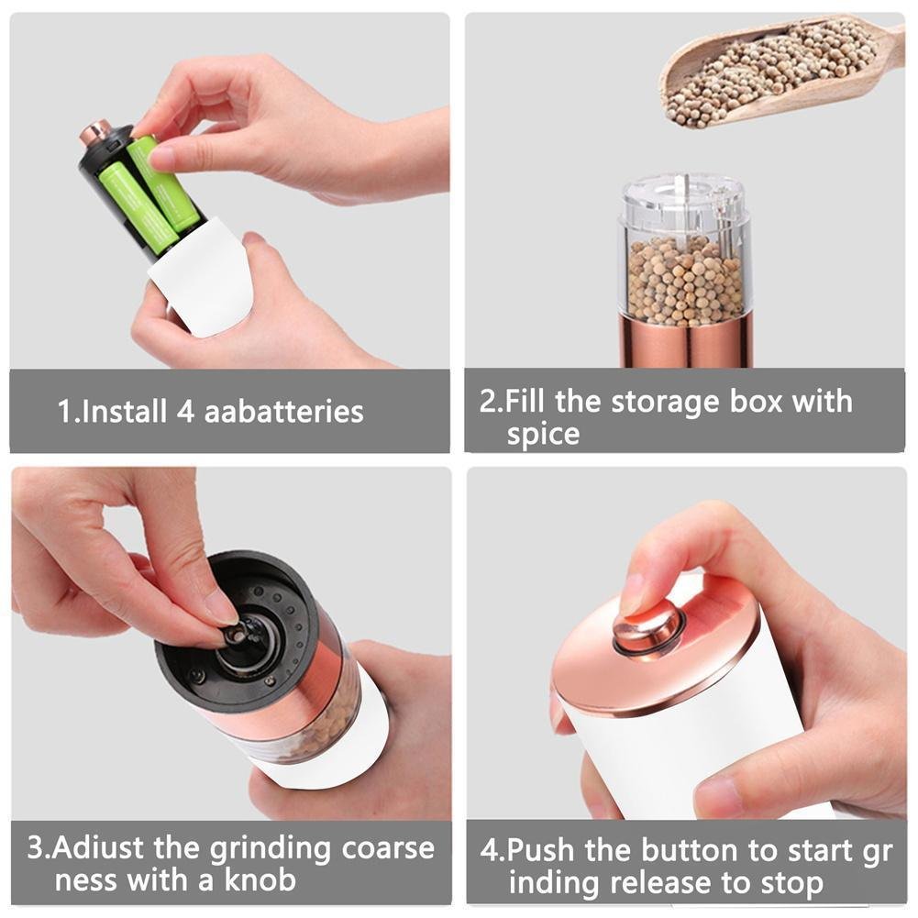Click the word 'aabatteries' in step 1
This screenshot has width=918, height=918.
pyautogui.click(x=284, y=411)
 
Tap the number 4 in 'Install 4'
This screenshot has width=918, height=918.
pyautogui.click(x=185, y=411)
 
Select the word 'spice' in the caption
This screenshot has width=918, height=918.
pyautogui.click(x=543, y=435)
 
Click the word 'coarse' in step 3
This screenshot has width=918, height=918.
pyautogui.click(x=388, y=848)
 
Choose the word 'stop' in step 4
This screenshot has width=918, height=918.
pyautogui.click(x=792, y=883)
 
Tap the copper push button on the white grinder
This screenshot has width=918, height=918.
pyautogui.click(x=648, y=630)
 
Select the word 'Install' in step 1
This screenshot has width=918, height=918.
pyautogui.click(x=124, y=411)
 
